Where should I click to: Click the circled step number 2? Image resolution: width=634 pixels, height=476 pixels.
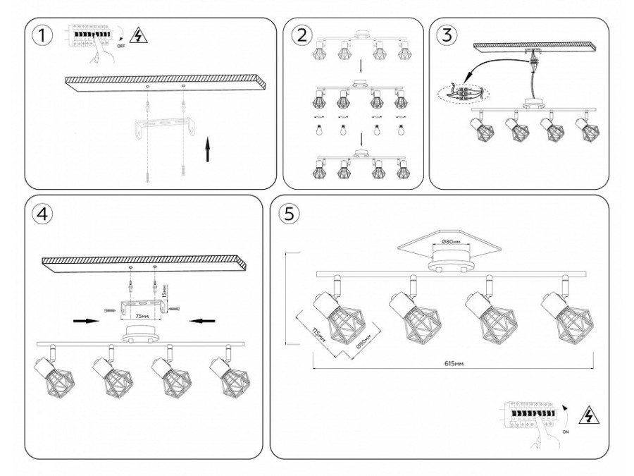tap(302, 36)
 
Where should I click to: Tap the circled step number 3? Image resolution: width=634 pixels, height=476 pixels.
tap(446, 35)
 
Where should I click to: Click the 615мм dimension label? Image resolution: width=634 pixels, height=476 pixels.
tap(453, 364)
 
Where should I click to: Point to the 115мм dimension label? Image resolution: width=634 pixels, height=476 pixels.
tap(318, 339)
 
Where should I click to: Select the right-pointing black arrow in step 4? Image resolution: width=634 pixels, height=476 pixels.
tap(85, 320)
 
